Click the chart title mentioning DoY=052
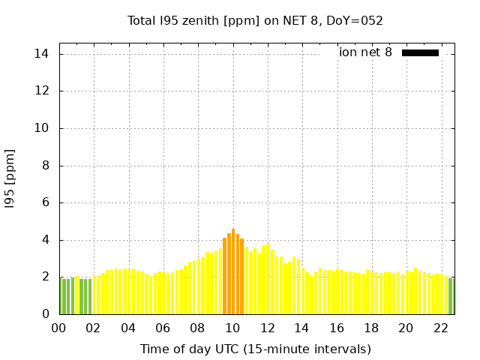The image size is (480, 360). (255, 20)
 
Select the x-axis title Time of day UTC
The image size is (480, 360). (255, 349)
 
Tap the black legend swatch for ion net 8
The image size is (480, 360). (420, 52)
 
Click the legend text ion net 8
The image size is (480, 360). (365, 52)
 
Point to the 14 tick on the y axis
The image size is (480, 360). (42, 54)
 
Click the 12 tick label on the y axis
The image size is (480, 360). (42, 91)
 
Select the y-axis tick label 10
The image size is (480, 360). (42, 128)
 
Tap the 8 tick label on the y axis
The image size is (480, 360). (45, 166)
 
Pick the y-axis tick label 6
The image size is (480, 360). (45, 202)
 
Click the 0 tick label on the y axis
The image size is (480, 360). (45, 314)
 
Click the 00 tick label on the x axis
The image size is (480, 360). (58, 328)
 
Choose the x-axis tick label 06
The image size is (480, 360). (163, 328)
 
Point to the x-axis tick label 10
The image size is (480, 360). (232, 328)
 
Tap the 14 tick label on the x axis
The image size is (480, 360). (301, 328)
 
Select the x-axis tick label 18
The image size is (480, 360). (371, 328)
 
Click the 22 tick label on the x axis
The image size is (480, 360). (440, 328)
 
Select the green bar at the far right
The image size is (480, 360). (451, 296)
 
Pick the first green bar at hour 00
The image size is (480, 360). (61, 296)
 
